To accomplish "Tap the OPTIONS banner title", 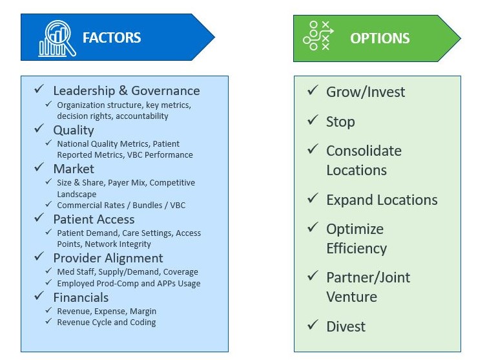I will pyautogui.click(x=380, y=38).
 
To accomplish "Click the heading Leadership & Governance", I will pyautogui.click(x=126, y=91).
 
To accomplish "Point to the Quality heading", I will pyautogui.click(x=73, y=130).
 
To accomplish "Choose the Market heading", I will pyautogui.click(x=73, y=169).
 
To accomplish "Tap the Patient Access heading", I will pyautogui.click(x=94, y=219).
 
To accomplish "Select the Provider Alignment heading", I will pyautogui.click(x=108, y=258).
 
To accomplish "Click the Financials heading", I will pyautogui.click(x=81, y=297).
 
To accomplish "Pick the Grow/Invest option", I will pyautogui.click(x=366, y=92).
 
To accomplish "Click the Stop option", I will pyautogui.click(x=340, y=122).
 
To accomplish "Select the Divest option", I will pyautogui.click(x=346, y=326).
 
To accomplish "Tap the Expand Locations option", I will pyautogui.click(x=382, y=200).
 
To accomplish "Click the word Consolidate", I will pyautogui.click(x=364, y=151).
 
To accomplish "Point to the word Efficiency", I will pyautogui.click(x=357, y=248).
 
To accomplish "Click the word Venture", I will pyautogui.click(x=351, y=297).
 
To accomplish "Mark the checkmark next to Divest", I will pyautogui.click(x=313, y=325).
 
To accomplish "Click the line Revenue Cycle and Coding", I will pyautogui.click(x=107, y=322).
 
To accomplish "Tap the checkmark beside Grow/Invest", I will pyautogui.click(x=313, y=90).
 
